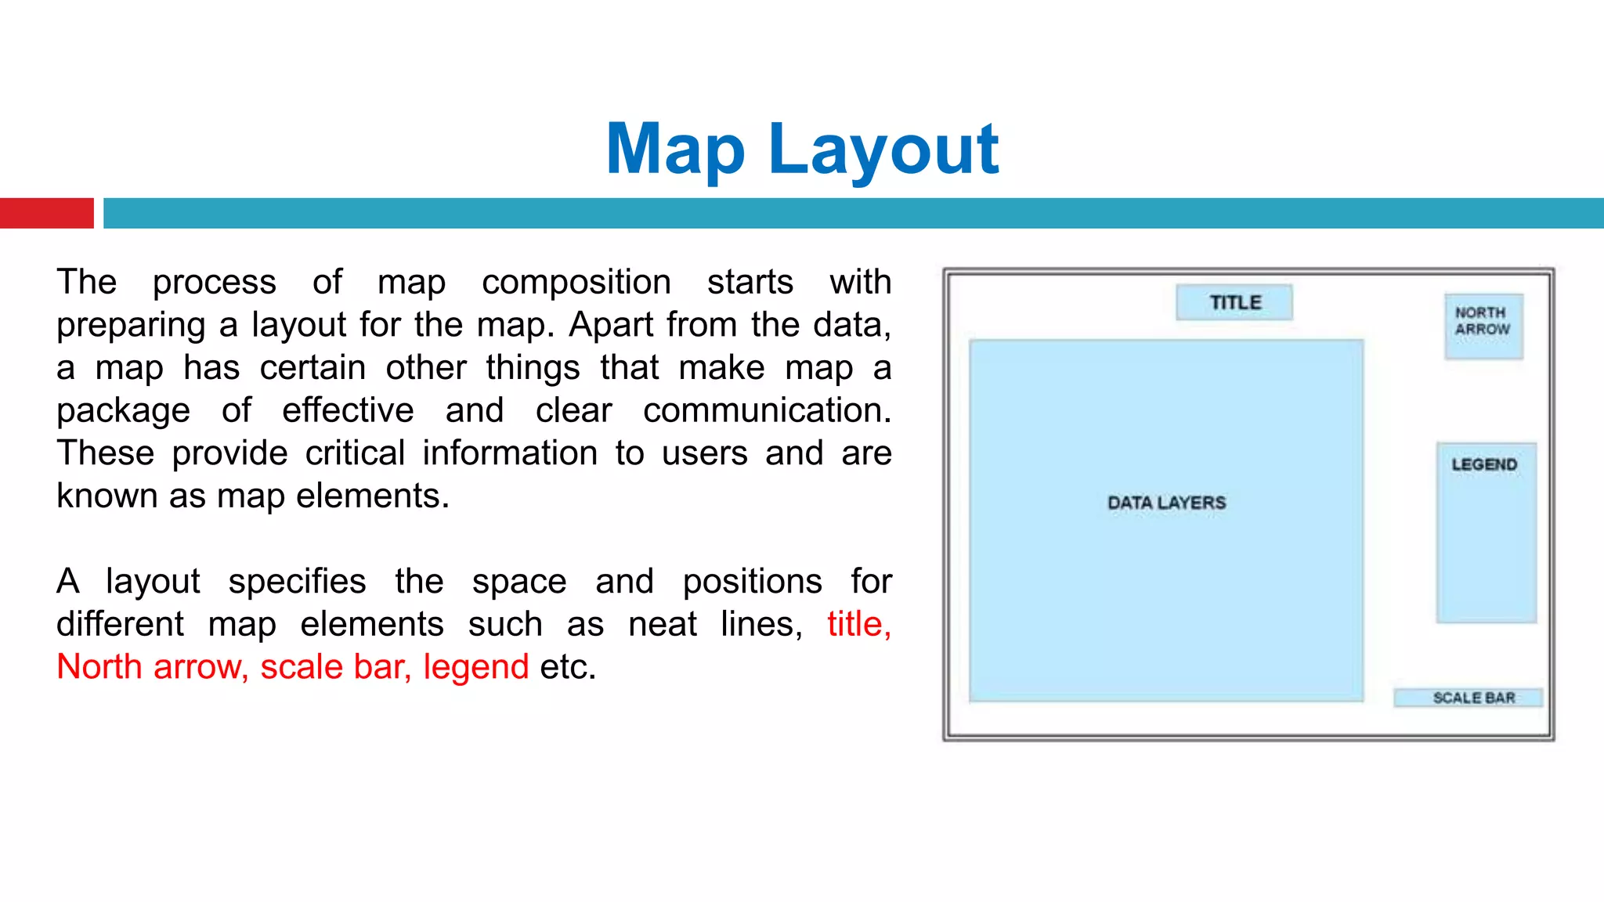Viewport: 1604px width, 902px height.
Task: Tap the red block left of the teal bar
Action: (x=46, y=213)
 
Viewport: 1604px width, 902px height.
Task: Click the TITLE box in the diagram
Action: (x=1234, y=302)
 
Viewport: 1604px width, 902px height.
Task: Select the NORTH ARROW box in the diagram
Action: (x=1483, y=326)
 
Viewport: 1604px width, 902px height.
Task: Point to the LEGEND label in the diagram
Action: (x=1484, y=464)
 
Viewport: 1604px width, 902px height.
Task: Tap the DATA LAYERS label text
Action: (x=1166, y=503)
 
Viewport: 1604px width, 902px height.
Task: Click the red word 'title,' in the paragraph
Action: (x=859, y=624)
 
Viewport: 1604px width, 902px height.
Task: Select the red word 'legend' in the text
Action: (x=476, y=667)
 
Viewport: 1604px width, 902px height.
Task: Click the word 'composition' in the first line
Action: (x=576, y=282)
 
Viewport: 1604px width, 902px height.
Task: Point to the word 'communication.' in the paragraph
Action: (x=767, y=410)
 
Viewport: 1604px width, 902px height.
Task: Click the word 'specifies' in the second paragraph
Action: (x=297, y=582)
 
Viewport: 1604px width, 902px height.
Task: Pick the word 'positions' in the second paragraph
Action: (x=752, y=582)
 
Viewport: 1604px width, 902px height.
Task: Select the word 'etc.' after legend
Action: (x=568, y=667)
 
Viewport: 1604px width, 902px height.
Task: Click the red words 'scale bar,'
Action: (x=336, y=667)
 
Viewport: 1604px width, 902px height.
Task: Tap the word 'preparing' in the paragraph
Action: (x=123, y=325)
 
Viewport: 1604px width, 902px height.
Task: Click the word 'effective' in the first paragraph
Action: (x=348, y=410)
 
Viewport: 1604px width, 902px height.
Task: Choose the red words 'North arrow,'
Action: (x=153, y=667)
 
